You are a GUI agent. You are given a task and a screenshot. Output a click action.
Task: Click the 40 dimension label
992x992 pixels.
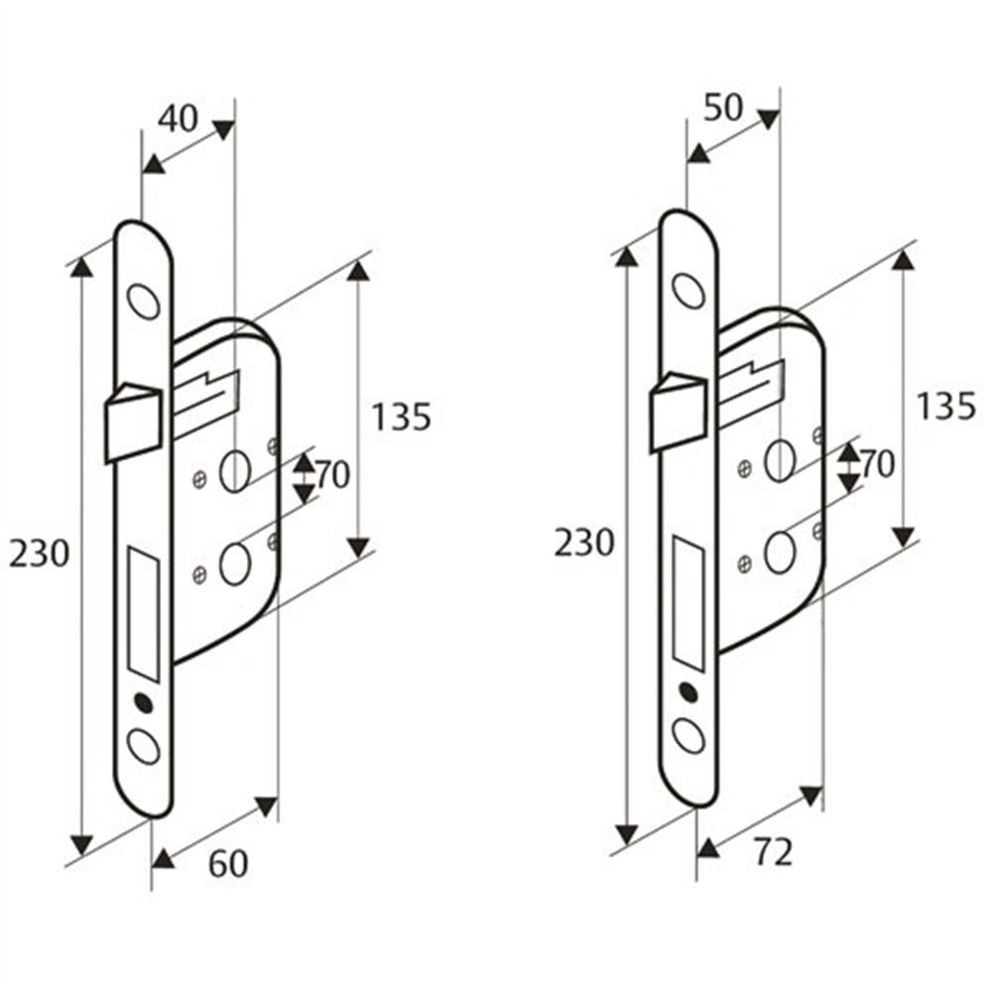click(178, 118)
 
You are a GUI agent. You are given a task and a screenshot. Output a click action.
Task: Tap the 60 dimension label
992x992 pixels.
click(228, 864)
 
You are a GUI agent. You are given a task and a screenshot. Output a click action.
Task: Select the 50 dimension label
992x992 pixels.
click(723, 107)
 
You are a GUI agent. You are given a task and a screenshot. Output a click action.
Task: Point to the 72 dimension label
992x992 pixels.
click(773, 853)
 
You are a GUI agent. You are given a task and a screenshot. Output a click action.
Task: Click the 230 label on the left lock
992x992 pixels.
click(39, 555)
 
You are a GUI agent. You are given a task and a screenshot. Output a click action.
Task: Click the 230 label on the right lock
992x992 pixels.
click(584, 543)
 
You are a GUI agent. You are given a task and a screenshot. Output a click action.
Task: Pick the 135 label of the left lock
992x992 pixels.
click(401, 417)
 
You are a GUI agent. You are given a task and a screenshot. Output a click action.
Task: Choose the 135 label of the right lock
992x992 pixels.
click(945, 406)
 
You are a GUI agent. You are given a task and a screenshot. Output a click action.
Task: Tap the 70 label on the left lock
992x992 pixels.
click(332, 474)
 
